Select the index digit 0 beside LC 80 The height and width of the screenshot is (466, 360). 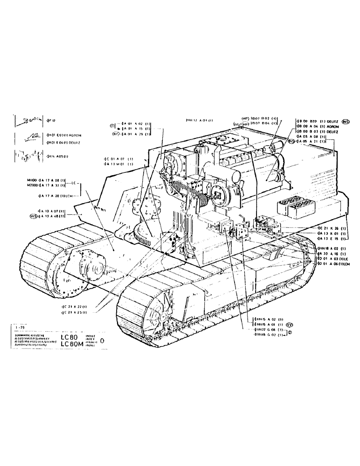click(103, 340)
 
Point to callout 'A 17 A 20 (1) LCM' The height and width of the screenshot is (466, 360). click(61, 196)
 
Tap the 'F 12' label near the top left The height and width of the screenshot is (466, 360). click(51, 120)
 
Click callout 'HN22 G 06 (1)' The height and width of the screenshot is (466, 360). click(269, 329)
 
